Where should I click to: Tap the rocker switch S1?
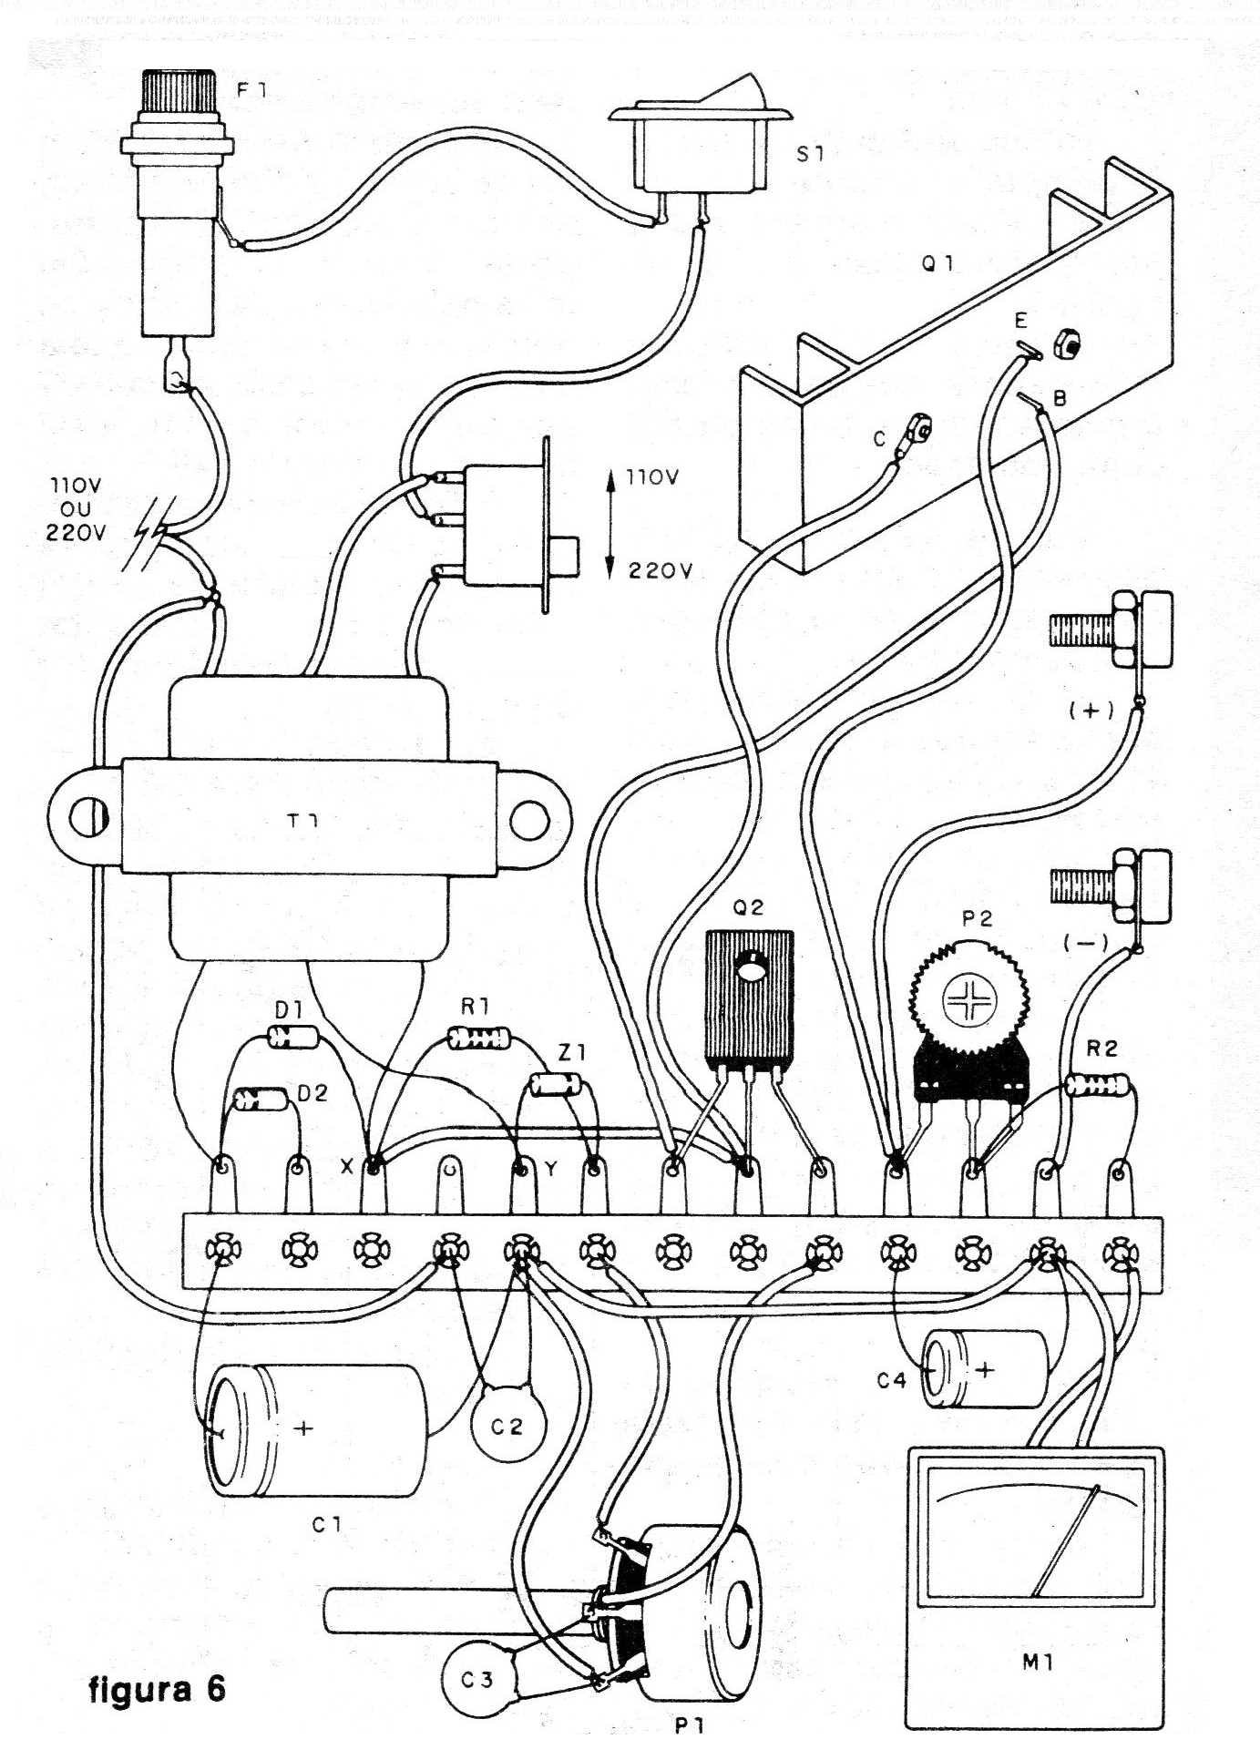[x=698, y=150]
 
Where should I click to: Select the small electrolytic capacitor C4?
[x=984, y=1369]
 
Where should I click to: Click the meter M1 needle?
[x=1066, y=1543]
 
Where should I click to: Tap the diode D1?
[x=292, y=1035]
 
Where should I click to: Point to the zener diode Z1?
[x=555, y=1084]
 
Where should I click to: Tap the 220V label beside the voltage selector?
[x=660, y=571]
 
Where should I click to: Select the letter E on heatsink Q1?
[x=1021, y=320]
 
